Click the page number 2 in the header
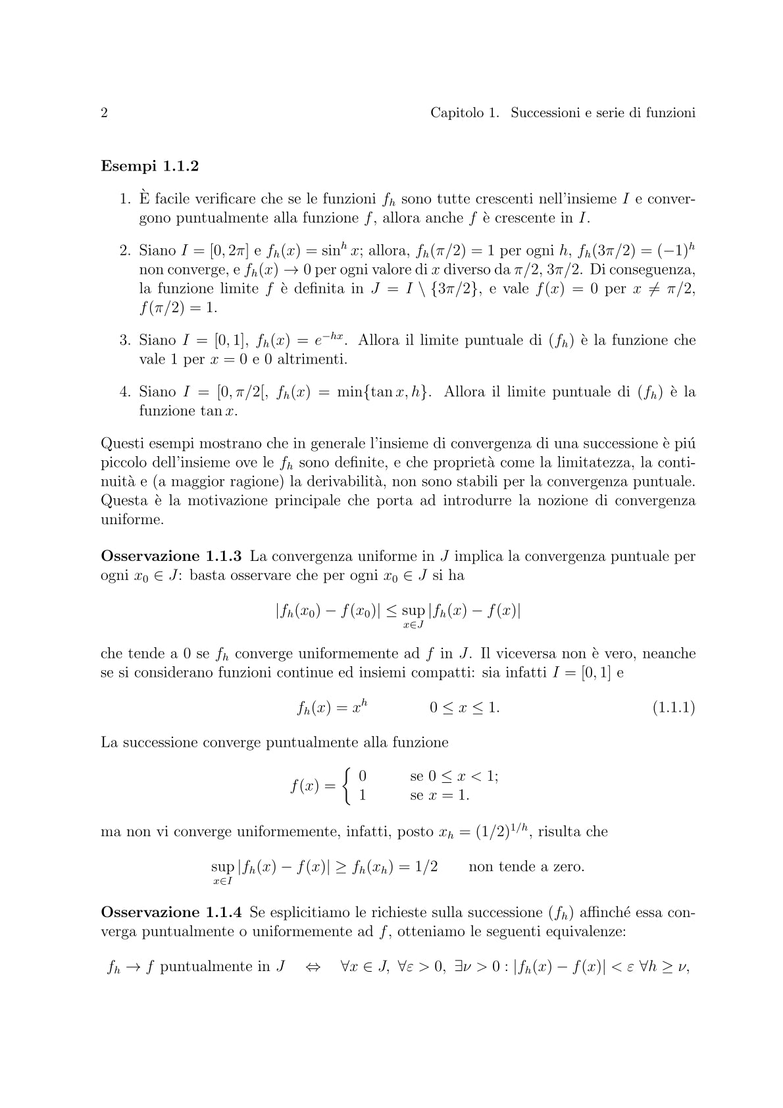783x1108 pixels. pos(104,113)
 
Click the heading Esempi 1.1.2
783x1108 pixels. pos(149,166)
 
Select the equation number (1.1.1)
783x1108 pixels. pos(673,708)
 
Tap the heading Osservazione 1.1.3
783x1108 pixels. pos(171,556)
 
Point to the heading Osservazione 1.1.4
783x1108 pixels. pos(171,912)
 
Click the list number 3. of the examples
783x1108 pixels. pos(126,340)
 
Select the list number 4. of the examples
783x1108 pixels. pos(126,392)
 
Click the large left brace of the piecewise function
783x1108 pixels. pos(347,786)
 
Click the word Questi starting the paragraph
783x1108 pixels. pos(122,444)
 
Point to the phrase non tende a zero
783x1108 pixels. pos(526,866)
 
